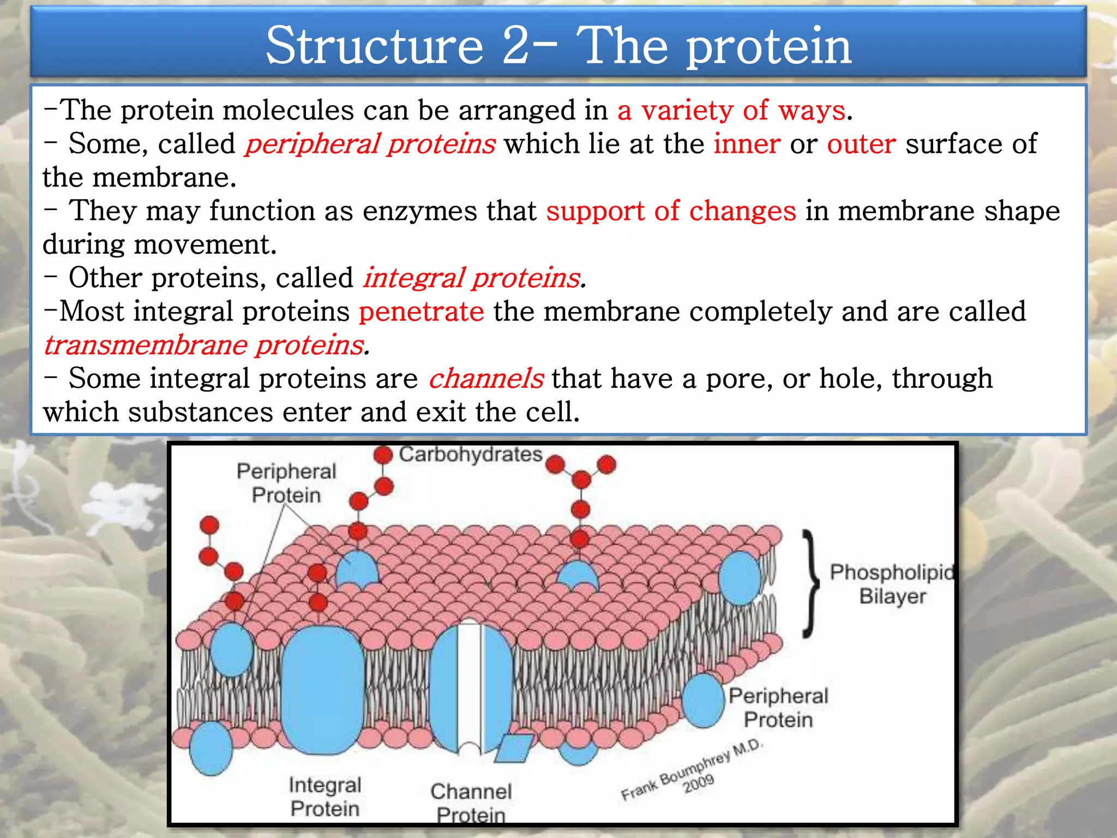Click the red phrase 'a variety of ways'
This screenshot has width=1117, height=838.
coord(731,110)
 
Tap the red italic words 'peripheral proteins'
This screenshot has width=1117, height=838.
coord(370,144)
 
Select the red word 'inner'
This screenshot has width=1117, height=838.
coord(747,144)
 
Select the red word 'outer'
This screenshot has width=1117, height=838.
coord(861,144)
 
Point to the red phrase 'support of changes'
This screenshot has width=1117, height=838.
coord(671,211)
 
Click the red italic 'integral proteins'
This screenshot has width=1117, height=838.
coord(472,278)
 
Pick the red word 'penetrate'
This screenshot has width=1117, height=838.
coord(421,312)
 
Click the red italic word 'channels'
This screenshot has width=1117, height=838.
coord(485,379)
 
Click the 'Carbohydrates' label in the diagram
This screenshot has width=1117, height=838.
coord(470,454)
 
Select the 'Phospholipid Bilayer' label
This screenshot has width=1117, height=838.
coord(892,584)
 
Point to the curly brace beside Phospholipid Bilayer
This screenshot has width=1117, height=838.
coord(812,584)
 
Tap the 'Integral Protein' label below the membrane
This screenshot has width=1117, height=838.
coord(325,797)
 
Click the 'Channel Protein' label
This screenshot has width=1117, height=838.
coord(471,802)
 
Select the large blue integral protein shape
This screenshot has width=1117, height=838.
coord(323,690)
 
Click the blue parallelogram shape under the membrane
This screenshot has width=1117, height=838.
coord(514,748)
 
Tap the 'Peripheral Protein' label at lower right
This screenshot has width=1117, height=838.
coord(778,708)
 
